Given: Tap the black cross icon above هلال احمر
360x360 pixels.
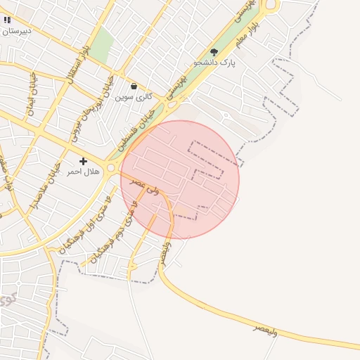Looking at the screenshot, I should (83, 161).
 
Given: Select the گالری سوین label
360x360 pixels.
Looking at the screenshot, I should (134, 96).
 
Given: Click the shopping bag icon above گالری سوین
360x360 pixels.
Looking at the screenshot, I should (134, 86).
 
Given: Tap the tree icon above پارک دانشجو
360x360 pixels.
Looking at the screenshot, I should (214, 51).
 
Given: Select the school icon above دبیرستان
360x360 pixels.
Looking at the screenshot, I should (7, 20).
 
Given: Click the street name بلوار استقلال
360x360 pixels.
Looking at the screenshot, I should (79, 65).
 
